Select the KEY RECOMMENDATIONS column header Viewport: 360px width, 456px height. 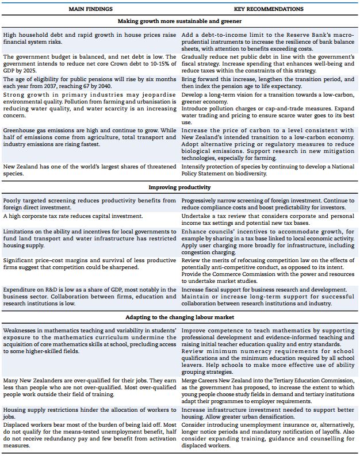point(269,9)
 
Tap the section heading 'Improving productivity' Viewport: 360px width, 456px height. point(179,187)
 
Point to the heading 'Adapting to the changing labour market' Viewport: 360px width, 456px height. point(179,317)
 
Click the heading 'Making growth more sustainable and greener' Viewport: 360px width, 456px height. point(179,21)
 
